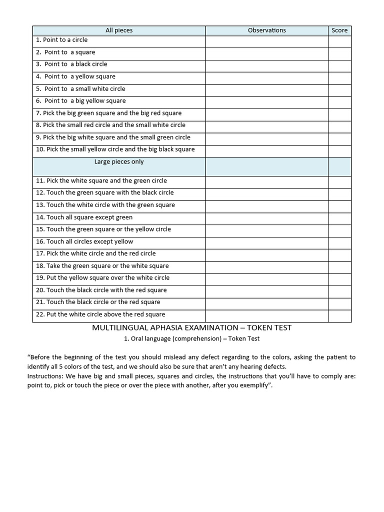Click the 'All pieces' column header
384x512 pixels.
(119, 30)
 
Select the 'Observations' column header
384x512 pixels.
(266, 30)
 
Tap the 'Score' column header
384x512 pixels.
(339, 30)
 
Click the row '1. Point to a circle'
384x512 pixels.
(62, 40)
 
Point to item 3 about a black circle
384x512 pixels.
(71, 64)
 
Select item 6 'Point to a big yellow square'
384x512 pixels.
(80, 100)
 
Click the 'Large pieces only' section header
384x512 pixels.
(119, 161)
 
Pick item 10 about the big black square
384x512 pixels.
(115, 149)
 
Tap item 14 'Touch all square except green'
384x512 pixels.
(84, 217)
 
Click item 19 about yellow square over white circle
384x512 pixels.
(102, 277)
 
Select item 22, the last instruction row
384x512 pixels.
(100, 314)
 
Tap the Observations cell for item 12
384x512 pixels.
(266, 193)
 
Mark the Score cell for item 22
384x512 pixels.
(339, 315)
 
